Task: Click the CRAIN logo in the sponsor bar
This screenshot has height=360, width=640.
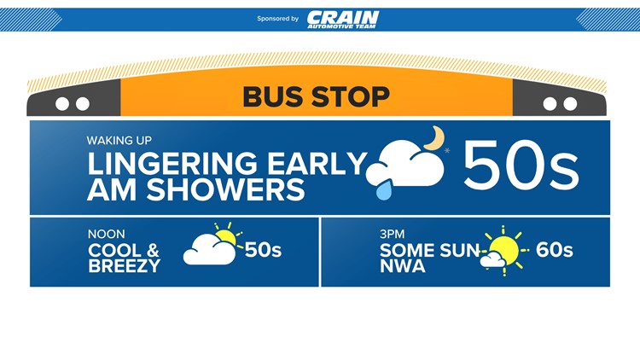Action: point(343,19)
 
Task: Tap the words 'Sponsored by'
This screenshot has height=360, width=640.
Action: point(277,19)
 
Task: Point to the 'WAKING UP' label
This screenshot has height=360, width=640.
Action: point(119,141)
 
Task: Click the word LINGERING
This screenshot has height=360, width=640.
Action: point(172,164)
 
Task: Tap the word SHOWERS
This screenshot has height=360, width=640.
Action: point(226,189)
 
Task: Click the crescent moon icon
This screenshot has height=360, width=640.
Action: point(434,137)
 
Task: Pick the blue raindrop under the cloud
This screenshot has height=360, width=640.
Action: point(384,189)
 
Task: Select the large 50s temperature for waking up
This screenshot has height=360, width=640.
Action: point(521,165)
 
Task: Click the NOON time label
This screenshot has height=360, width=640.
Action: point(106,235)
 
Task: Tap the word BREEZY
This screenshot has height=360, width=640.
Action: point(125,266)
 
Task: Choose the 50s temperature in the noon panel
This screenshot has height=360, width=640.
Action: point(264,250)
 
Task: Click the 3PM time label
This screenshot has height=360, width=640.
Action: point(392,235)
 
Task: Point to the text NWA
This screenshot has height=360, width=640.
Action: point(403,266)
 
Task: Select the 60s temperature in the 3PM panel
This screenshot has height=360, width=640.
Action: point(555,250)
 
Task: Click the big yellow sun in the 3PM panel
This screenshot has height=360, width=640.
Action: point(505,251)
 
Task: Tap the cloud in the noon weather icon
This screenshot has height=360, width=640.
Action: point(209,250)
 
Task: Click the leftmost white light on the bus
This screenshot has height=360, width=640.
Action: point(62,104)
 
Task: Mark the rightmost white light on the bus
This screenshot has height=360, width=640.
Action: point(570,104)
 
